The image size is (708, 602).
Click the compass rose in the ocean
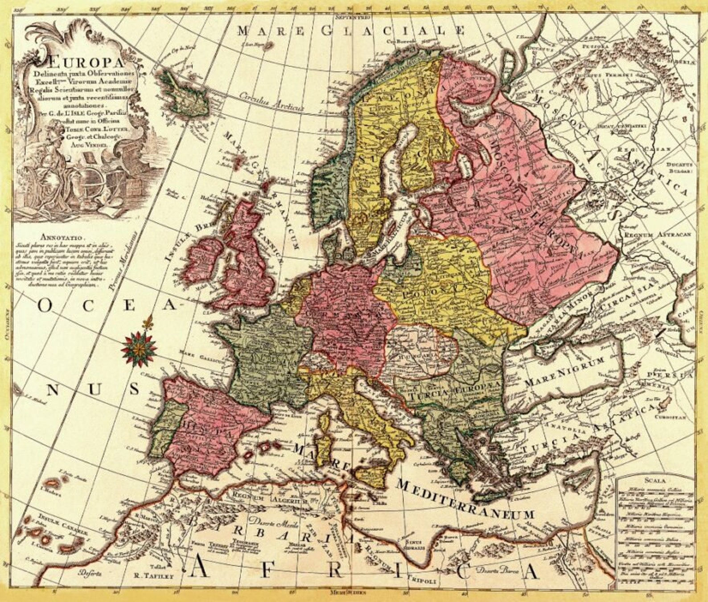(x=139, y=348)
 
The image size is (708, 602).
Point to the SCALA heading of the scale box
(x=654, y=480)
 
